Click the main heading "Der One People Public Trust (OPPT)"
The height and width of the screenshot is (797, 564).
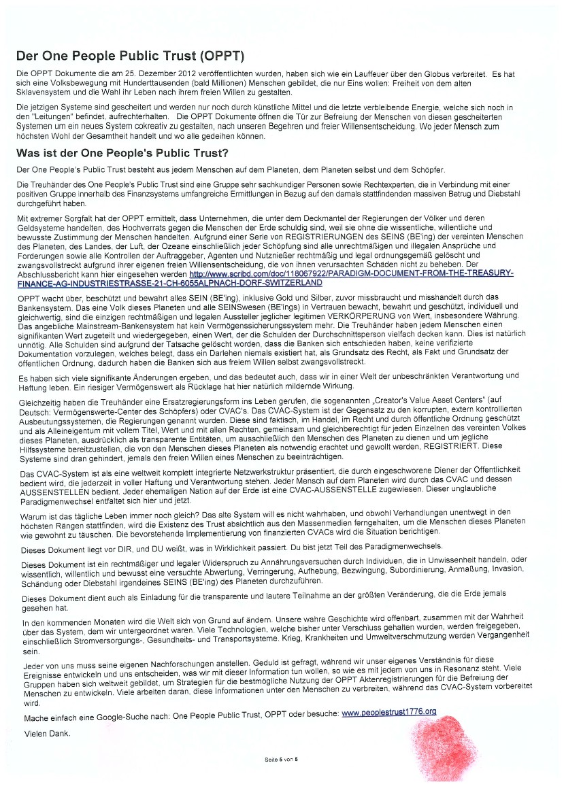pyautogui.click(x=131, y=55)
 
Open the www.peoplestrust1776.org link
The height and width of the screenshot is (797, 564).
pyautogui.click(x=388, y=712)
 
